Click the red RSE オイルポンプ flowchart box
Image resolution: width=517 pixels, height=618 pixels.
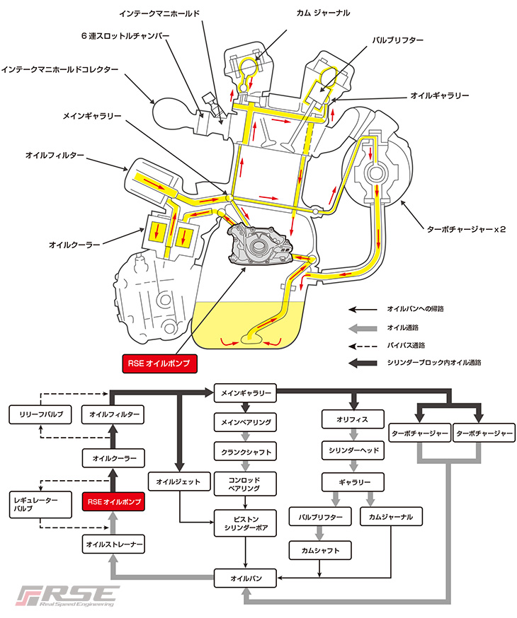coord(113,502)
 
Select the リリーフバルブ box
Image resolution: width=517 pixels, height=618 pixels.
coord(38,414)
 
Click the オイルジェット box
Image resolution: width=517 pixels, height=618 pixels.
coord(179,482)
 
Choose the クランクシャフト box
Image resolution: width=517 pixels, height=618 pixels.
coord(244,450)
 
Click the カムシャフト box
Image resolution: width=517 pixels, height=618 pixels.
coord(320,549)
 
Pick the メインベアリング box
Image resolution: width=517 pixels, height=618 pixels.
coord(244,421)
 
